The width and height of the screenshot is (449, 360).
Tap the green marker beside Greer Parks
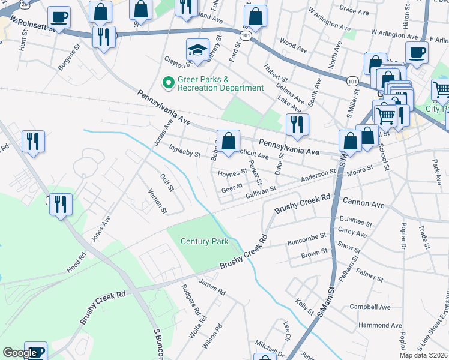(169, 83)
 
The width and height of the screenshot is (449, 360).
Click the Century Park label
(205, 241)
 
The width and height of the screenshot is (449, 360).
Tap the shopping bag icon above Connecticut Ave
(228, 142)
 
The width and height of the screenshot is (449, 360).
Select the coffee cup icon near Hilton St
(417, 53)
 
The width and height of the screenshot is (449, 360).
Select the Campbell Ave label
(370, 307)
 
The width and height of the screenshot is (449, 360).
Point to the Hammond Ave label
(372, 325)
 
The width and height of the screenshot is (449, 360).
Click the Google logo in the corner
(20, 353)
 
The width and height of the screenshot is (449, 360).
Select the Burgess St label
(67, 58)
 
